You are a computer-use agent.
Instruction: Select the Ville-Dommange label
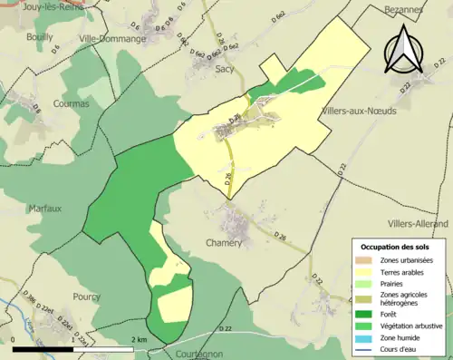(x=112, y=39)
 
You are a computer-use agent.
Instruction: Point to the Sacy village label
(x=226, y=67)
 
